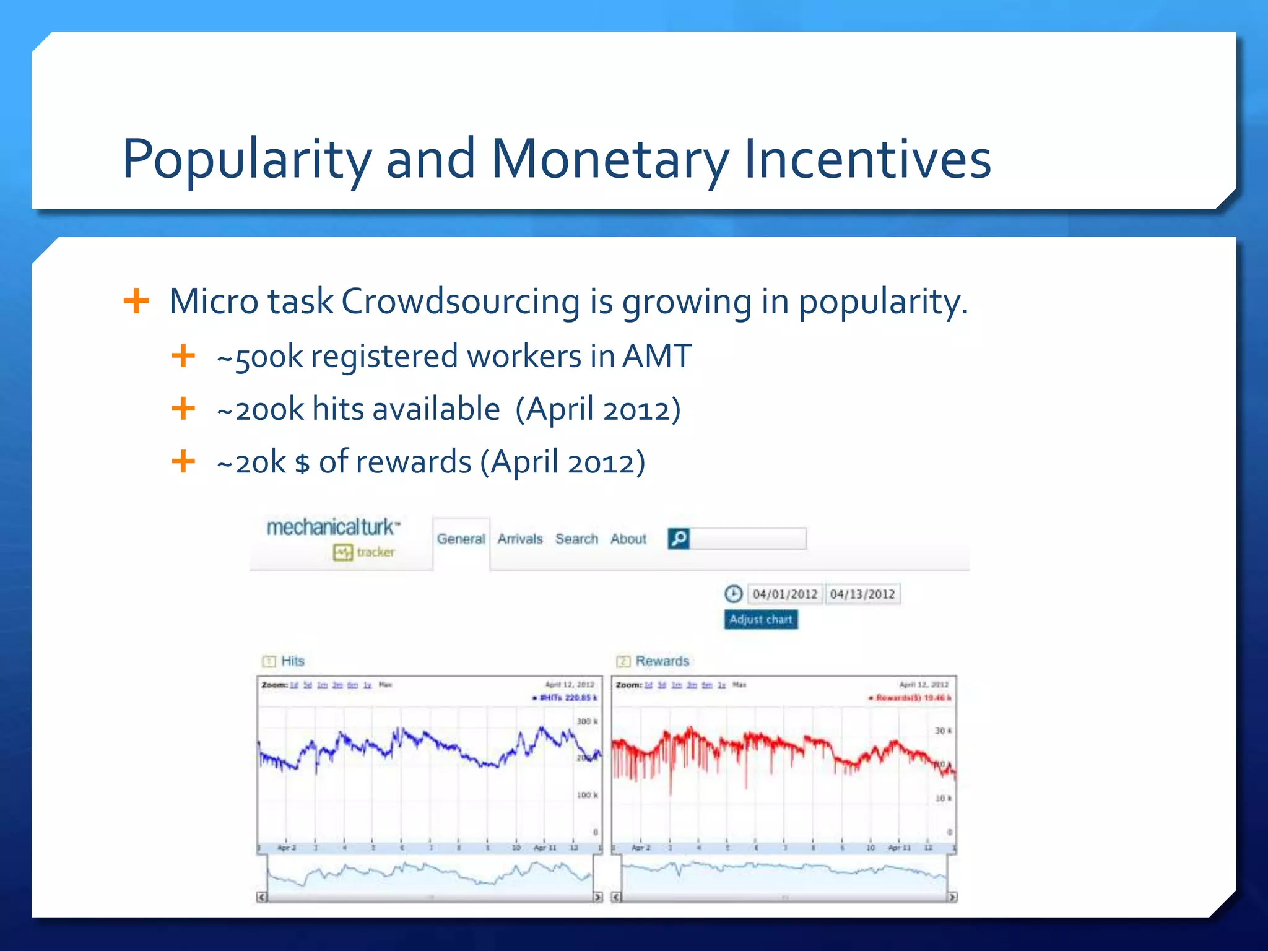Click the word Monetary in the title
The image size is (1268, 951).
(610, 159)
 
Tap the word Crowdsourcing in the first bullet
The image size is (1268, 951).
(461, 302)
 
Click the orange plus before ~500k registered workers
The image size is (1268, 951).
(183, 356)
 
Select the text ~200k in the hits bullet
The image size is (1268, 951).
(260, 409)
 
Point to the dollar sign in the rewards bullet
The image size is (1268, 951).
(302, 463)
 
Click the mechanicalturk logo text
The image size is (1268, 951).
(332, 528)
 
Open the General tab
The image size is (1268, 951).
(461, 539)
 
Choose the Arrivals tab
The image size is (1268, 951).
(520, 539)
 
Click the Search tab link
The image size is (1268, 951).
(576, 539)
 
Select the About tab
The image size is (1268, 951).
(628, 539)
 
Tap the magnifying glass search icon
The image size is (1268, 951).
(679, 539)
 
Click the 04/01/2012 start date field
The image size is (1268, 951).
(785, 594)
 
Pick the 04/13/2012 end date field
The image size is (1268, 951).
(862, 594)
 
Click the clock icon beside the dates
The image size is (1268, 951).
(733, 594)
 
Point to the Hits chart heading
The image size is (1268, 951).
(292, 661)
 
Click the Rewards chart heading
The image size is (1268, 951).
(662, 661)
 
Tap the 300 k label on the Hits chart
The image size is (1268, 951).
(587, 721)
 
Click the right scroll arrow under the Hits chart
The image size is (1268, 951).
(597, 897)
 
